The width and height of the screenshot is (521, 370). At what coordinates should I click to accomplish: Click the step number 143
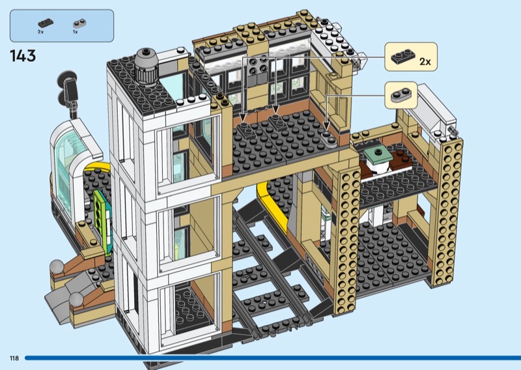pos(23,55)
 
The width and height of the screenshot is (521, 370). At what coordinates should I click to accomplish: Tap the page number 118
pos(14,358)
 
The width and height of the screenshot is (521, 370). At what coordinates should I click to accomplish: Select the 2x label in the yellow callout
pos(425,62)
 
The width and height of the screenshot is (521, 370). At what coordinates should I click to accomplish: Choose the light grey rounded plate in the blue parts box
pos(77,22)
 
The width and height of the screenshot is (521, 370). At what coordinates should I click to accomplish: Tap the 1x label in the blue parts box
pos(76,32)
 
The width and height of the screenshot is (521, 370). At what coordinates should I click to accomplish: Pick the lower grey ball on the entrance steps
pos(77,298)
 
